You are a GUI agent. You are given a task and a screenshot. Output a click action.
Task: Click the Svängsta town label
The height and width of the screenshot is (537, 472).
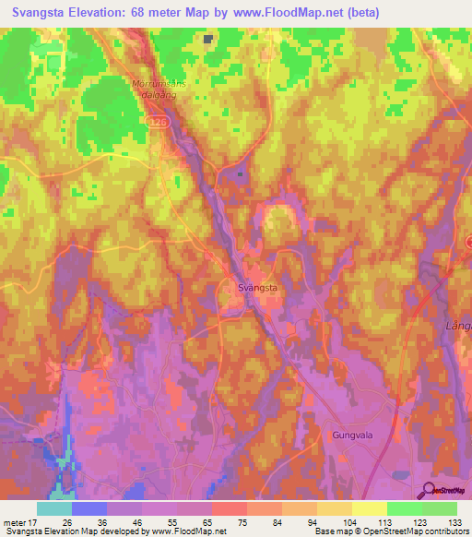point(252,288)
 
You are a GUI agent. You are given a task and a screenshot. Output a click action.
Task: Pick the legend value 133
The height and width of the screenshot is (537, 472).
point(454,522)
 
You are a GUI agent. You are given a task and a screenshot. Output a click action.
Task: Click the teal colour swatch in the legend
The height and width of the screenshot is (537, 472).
point(53,508)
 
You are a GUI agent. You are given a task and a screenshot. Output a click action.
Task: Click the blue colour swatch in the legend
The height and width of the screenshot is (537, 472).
point(88,508)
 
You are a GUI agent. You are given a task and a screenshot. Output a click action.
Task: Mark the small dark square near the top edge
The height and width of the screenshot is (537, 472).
point(209,39)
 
